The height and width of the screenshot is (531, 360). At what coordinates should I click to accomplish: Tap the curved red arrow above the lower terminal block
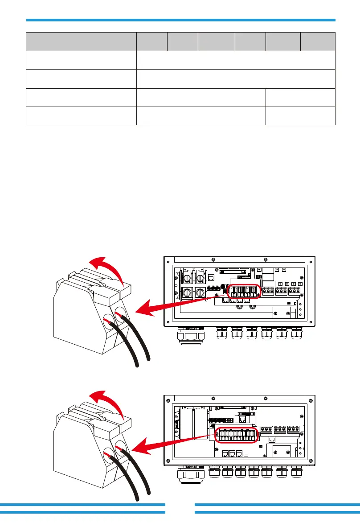tap(107, 398)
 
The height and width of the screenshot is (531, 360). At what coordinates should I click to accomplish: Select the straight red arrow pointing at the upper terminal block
tap(183, 303)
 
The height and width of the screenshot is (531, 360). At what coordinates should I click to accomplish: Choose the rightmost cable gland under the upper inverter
tap(296, 334)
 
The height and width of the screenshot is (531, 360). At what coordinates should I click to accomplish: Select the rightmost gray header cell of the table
tap(318, 41)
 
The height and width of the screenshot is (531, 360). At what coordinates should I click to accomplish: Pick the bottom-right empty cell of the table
tap(300, 116)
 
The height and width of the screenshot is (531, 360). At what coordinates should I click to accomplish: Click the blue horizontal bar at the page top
tap(180, 20)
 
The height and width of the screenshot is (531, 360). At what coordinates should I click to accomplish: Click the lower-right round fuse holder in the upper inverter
tap(200, 293)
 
